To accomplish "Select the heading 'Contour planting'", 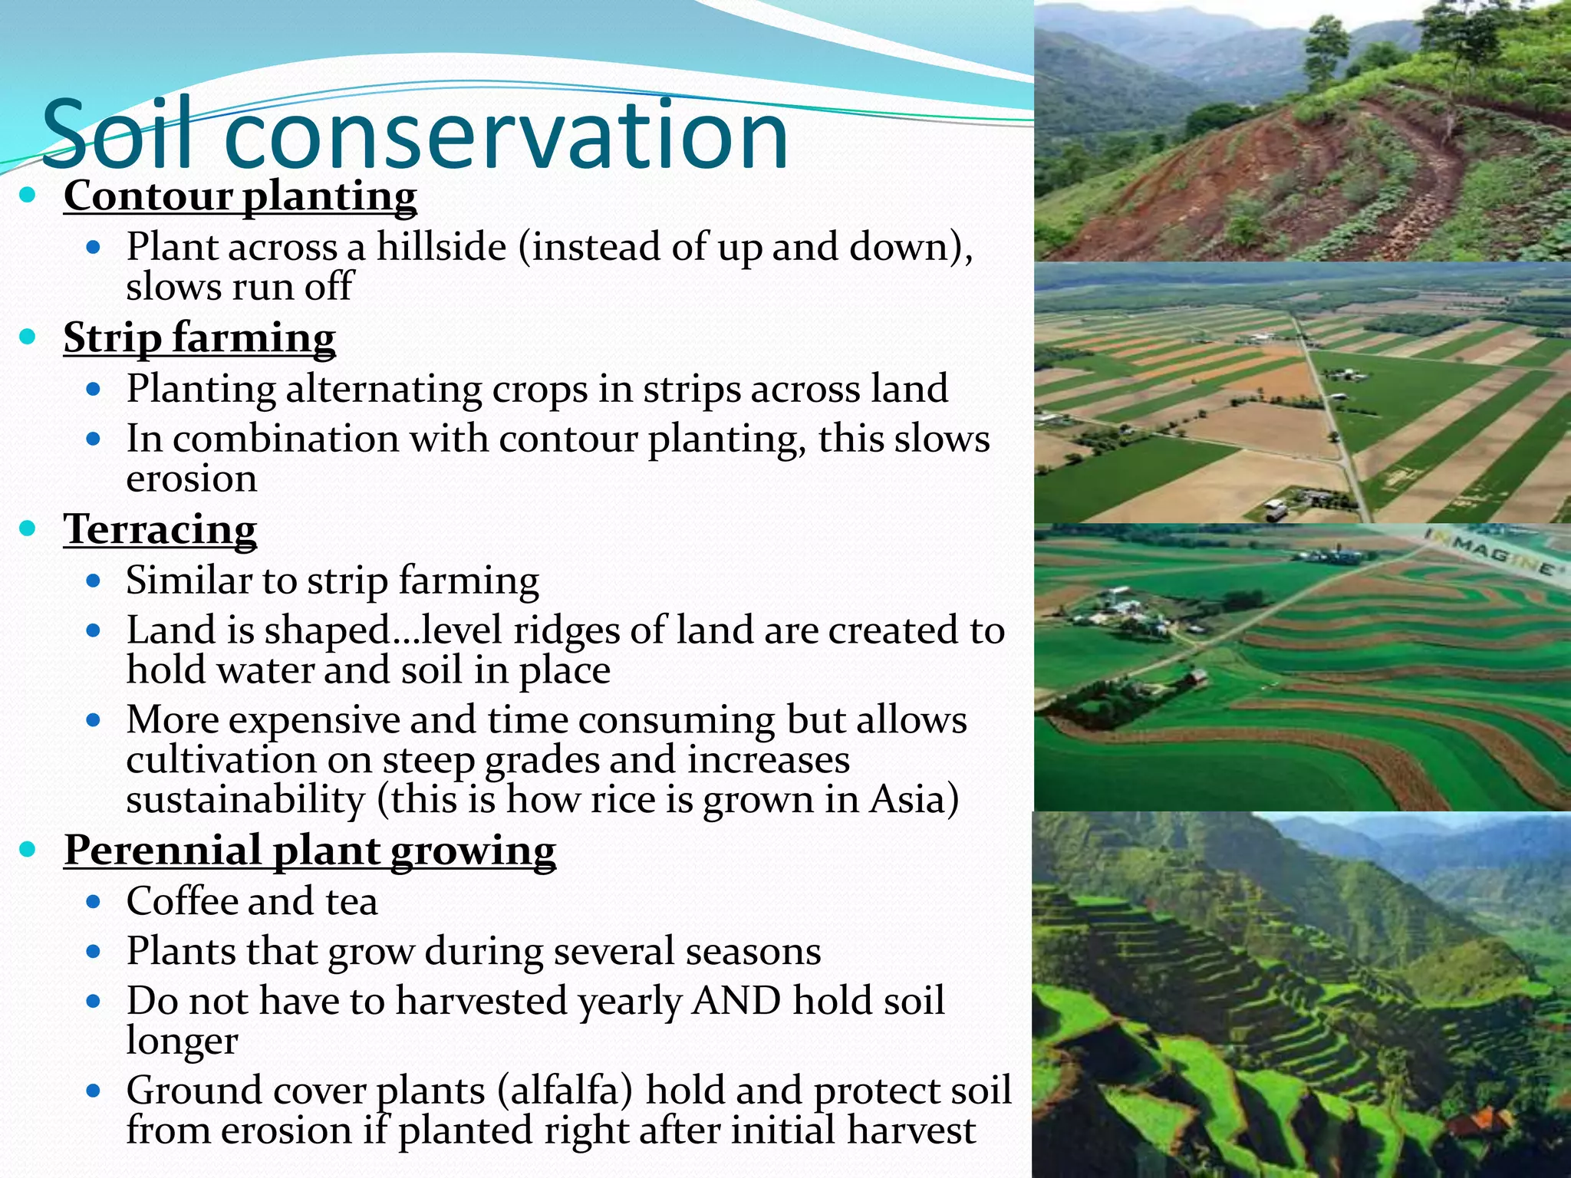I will tap(240, 196).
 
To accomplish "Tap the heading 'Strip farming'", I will tap(199, 338).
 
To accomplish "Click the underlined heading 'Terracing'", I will tap(160, 530).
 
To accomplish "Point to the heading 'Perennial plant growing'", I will tap(310, 851).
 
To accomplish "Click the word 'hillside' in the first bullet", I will tap(441, 248).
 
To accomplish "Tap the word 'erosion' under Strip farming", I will tap(191, 479).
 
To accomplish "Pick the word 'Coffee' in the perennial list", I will tap(181, 901).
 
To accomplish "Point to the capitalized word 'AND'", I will tap(736, 1001).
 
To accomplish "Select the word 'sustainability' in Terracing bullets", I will tap(245, 800).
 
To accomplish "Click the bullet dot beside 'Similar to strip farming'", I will tap(94, 581).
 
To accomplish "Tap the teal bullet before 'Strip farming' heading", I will tap(28, 337).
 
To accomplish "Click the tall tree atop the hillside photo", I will tap(1326, 46).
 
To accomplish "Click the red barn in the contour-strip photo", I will tap(1195, 677).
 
